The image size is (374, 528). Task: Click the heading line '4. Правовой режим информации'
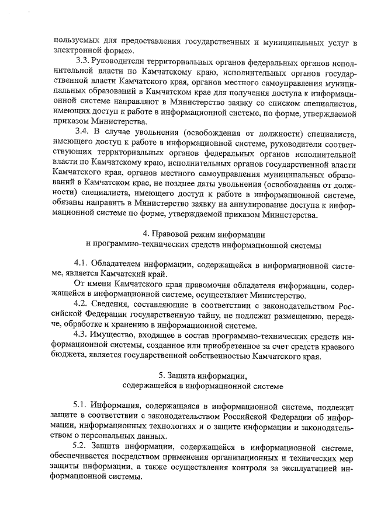[x=200, y=233]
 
